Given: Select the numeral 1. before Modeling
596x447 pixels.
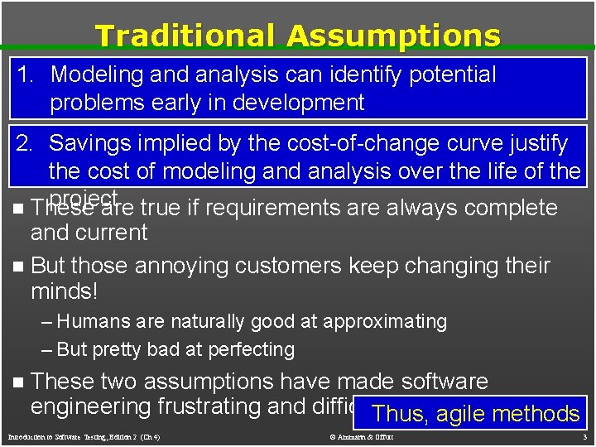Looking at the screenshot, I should click(x=26, y=74).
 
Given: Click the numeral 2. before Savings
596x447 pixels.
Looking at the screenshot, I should click(x=26, y=143).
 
